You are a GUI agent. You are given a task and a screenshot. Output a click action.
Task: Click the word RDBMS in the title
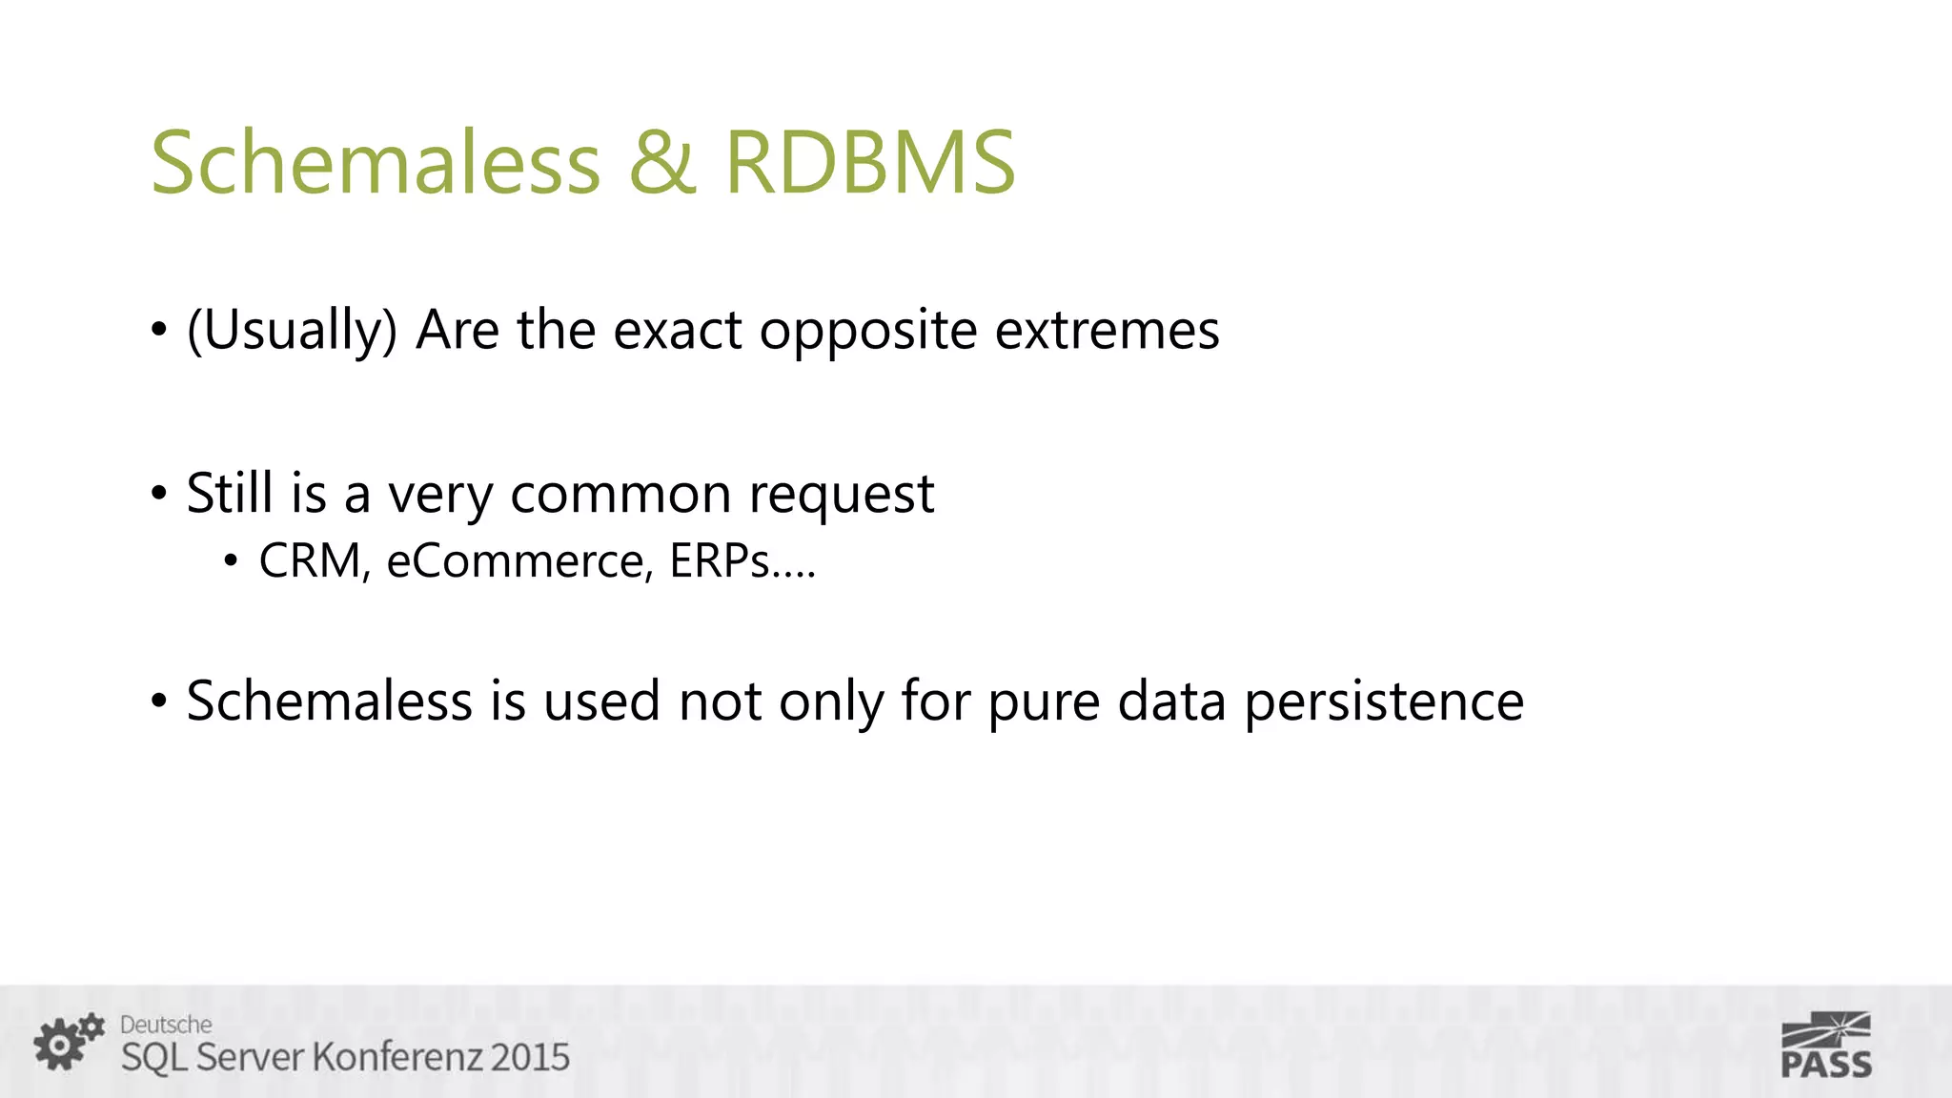click(869, 162)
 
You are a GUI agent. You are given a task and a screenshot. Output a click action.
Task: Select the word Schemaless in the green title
click(376, 162)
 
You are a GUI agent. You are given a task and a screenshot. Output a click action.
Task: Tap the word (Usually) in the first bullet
click(292, 331)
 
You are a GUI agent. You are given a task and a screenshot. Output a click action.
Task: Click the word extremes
click(1107, 331)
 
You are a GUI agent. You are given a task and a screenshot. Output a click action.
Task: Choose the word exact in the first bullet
click(677, 331)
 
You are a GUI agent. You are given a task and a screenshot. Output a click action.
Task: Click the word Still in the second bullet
click(229, 494)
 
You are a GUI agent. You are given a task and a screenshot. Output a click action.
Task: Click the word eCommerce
click(518, 560)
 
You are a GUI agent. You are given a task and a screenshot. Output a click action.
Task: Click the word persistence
click(1384, 702)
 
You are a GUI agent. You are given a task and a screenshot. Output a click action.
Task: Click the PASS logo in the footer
click(1826, 1047)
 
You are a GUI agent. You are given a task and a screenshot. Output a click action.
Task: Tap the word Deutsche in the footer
click(166, 1025)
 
